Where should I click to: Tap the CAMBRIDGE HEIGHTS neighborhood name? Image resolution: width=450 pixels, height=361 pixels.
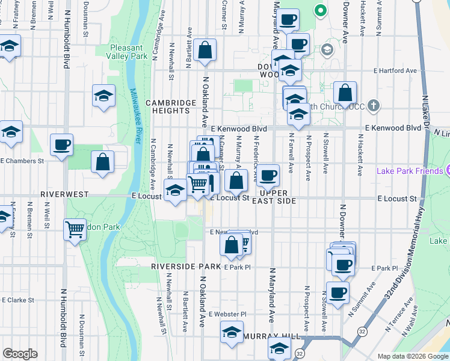coord(171,106)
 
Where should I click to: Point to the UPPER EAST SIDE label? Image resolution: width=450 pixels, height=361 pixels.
coord(277,197)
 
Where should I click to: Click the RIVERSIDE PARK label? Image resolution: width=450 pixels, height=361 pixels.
coord(186,266)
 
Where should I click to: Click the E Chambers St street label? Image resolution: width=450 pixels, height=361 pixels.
coord(23,161)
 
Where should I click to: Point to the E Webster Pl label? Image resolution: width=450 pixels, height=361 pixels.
coord(227,314)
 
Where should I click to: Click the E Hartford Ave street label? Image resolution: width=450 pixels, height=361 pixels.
coord(394,70)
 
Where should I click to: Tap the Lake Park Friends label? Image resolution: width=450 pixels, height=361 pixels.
coord(409,171)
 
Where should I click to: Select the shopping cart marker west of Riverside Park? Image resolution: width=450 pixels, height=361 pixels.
coord(75,229)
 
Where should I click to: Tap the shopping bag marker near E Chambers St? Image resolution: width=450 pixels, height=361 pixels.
coord(103,161)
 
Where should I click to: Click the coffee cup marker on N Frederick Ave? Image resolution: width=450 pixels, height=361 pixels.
coord(269,176)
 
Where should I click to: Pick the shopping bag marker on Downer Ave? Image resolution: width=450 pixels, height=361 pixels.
coord(345,93)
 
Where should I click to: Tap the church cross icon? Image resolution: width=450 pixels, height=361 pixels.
coord(374,106)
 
